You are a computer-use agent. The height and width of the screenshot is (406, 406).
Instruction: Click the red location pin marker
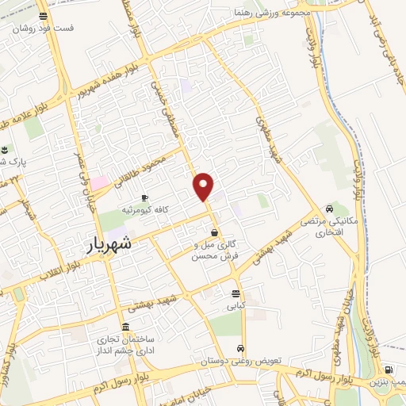pyautogui.click(x=204, y=186)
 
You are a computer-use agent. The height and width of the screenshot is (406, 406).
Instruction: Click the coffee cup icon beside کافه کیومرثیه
pyautogui.click(x=144, y=197)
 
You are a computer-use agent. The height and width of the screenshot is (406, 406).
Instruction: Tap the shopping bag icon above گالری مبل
pyautogui.click(x=215, y=232)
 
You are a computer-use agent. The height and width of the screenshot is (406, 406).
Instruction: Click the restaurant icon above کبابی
pyautogui.click(x=236, y=293)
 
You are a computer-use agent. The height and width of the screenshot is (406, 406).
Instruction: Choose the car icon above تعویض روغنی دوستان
pyautogui.click(x=240, y=349)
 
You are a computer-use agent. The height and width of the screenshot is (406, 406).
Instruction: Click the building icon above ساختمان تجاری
pyautogui.click(x=125, y=327)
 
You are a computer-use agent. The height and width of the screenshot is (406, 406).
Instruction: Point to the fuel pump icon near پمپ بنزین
pyautogui.click(x=387, y=370)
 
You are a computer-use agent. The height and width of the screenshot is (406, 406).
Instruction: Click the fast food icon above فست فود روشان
pyautogui.click(x=42, y=16)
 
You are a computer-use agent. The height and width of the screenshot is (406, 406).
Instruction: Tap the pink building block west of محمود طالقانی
pyautogui.click(x=99, y=183)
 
